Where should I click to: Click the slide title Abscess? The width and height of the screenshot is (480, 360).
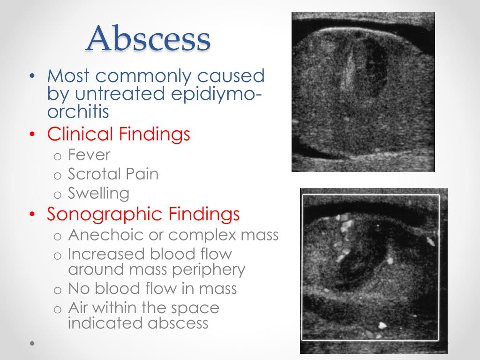tap(148, 38)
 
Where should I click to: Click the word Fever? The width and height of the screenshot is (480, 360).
tap(89, 155)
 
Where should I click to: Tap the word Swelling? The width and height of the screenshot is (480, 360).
tap(98, 194)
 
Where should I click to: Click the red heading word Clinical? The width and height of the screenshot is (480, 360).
tap(80, 135)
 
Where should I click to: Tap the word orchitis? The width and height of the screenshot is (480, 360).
tap(78, 112)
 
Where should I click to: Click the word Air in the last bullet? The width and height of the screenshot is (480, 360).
tap(80, 308)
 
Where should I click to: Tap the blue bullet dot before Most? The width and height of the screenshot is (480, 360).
tap(31, 76)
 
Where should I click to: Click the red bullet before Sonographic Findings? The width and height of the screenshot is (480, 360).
tap(31, 214)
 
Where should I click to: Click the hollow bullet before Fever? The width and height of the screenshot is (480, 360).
tap(57, 156)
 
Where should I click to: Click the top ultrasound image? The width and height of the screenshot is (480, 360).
tap(363, 92)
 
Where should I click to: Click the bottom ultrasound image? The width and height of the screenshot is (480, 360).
tap(374, 270)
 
